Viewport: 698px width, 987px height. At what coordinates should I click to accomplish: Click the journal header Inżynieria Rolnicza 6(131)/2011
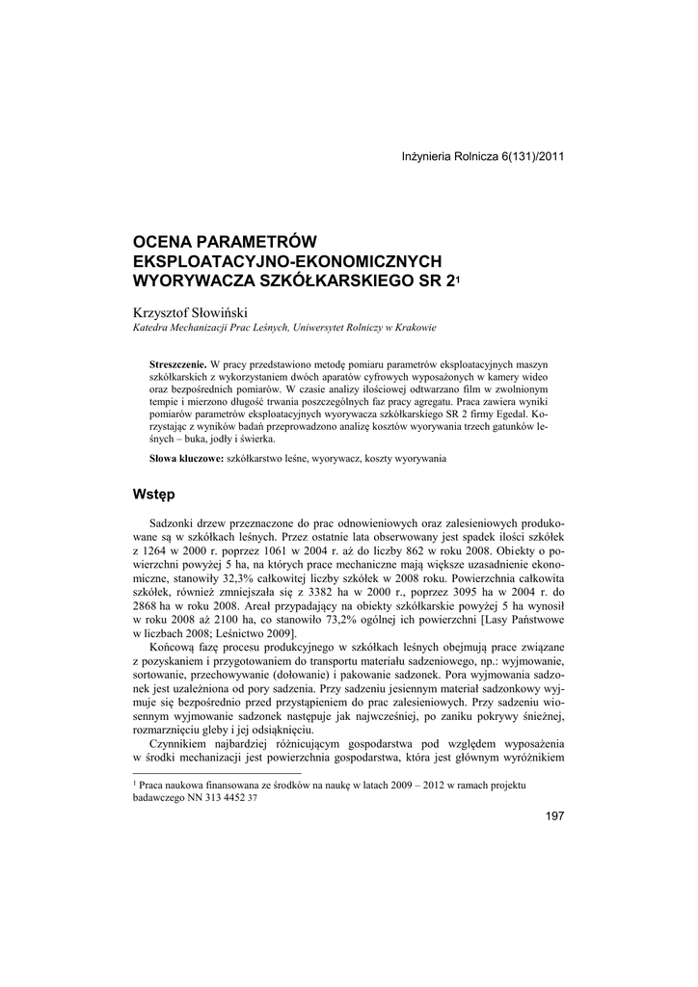[482, 156]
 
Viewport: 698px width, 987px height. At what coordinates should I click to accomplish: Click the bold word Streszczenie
[178, 364]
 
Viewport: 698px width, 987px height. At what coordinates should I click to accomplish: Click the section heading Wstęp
[153, 494]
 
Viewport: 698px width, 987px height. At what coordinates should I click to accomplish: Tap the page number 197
[554, 816]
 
